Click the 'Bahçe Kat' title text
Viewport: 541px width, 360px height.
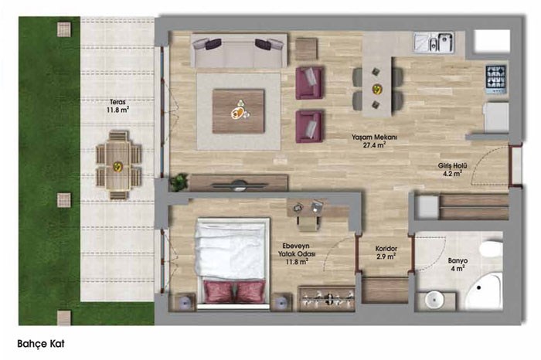(41, 344)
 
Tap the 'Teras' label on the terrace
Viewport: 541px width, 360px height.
(117, 102)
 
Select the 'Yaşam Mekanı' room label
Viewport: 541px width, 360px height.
(374, 138)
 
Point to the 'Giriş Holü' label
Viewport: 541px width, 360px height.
(453, 166)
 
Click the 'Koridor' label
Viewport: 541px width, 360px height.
(386, 249)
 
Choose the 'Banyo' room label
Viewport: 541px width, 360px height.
(458, 260)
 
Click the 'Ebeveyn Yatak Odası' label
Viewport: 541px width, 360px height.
(296, 250)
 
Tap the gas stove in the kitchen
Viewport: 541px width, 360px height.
(496, 80)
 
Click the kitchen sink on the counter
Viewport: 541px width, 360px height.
(434, 42)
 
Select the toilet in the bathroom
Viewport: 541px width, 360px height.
(491, 249)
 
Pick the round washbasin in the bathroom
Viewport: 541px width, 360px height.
(434, 299)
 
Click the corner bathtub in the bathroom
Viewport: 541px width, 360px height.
(485, 290)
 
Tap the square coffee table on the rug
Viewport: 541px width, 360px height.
(238, 111)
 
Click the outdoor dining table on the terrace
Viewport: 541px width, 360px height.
(118, 165)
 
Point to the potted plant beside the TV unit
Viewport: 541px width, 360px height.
(179, 182)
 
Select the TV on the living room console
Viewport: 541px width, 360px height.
(239, 185)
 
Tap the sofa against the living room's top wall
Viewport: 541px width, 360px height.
(239, 51)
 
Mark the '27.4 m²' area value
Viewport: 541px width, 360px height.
(374, 145)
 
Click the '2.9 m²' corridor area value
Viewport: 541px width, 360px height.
(386, 256)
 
